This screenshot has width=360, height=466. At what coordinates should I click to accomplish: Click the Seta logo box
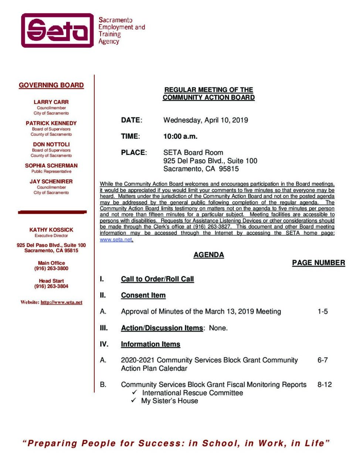[57, 30]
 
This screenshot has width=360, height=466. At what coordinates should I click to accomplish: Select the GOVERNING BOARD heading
[51, 85]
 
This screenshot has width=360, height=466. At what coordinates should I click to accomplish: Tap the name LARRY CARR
[51, 102]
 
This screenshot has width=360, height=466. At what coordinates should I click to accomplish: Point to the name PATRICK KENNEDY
[51, 123]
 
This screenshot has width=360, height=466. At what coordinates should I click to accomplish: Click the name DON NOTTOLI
[51, 144]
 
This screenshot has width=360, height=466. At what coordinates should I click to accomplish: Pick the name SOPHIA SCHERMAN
[51, 166]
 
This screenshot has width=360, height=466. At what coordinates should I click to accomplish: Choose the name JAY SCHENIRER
[51, 182]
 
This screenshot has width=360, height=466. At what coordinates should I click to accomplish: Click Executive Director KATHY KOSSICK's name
[51, 230]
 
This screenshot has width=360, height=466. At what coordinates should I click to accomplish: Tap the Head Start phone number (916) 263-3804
[51, 286]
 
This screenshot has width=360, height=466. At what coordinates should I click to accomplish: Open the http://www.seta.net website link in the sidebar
[61, 302]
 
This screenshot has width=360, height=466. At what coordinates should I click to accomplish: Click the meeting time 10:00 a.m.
[180, 136]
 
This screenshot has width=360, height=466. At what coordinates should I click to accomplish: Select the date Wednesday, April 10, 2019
[206, 120]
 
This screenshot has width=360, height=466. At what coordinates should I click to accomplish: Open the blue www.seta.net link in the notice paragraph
[116, 239]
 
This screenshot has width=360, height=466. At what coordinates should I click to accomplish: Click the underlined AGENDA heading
[208, 255]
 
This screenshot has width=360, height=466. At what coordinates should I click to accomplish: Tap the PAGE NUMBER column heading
[318, 263]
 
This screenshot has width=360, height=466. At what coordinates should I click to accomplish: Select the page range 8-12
[324, 384]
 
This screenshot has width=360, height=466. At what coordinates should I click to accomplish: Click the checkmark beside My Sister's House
[134, 401]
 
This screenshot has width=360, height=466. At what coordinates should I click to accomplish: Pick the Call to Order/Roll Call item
[157, 279]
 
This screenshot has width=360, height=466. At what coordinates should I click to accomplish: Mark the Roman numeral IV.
[104, 344]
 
